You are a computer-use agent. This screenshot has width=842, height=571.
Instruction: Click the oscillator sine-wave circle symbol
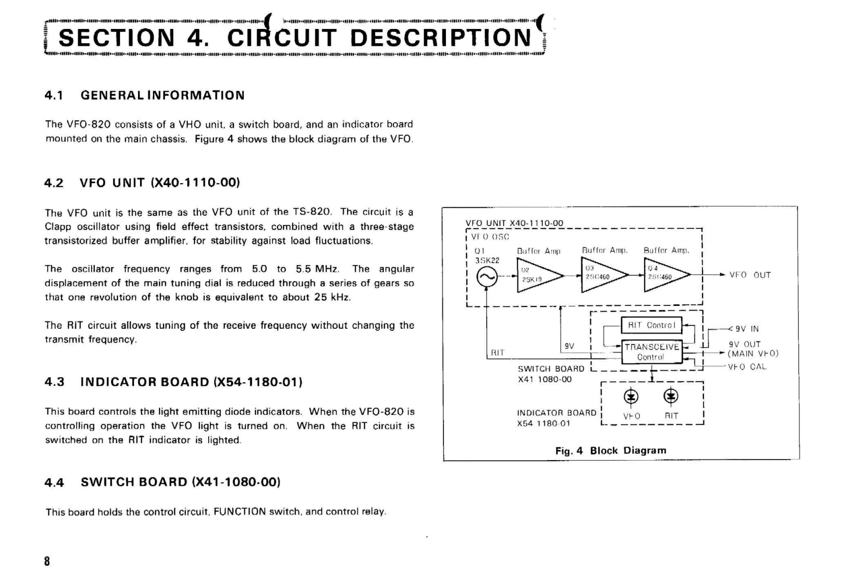click(x=486, y=277)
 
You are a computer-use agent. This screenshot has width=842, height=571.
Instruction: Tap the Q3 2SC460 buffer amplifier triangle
click(x=601, y=275)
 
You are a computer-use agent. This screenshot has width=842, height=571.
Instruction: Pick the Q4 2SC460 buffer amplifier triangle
click(x=663, y=275)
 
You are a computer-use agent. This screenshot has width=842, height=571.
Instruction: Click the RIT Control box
click(x=651, y=325)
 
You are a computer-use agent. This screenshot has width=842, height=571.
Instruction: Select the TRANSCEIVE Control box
click(x=652, y=352)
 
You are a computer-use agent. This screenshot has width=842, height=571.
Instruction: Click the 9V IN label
click(x=747, y=329)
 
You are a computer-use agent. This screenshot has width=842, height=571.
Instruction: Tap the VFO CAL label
click(x=747, y=367)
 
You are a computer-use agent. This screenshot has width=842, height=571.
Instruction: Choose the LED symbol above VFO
click(x=631, y=396)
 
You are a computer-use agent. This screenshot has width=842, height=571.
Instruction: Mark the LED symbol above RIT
click(x=671, y=396)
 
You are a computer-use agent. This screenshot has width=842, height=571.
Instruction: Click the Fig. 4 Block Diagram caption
click(x=610, y=450)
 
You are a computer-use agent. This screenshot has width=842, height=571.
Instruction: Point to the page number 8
click(x=47, y=561)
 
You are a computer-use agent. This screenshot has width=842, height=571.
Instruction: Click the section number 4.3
click(x=54, y=382)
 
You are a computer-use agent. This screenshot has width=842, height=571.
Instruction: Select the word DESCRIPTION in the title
click(x=441, y=38)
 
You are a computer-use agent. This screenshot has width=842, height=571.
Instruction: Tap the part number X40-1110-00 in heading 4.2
click(x=195, y=183)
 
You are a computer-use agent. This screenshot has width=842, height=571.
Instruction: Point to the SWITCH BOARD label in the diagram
click(x=551, y=368)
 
